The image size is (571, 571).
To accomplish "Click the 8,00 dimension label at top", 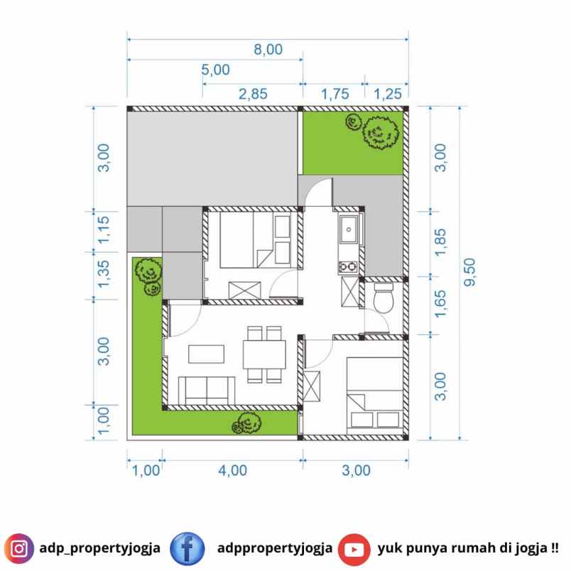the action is (268, 50).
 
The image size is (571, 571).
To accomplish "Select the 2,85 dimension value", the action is (253, 94).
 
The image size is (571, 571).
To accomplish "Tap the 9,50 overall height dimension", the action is (469, 272).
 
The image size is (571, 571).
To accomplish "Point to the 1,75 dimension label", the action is (335, 94).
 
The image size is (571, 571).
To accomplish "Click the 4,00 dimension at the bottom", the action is (233, 470).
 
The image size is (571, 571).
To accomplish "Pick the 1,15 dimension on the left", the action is (104, 230).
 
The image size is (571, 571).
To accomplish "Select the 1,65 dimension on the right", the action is (440, 304).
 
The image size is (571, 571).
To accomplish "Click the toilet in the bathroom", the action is (384, 298).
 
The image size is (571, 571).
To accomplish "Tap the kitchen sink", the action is (349, 229).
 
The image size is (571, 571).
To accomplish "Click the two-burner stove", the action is (348, 267).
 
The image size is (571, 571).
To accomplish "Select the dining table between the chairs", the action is (264, 354).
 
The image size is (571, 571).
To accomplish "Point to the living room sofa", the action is (207, 391).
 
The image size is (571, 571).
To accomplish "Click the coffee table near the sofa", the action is (206, 354).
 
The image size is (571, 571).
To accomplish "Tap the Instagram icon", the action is (19, 548).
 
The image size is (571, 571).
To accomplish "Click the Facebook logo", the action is (187, 549).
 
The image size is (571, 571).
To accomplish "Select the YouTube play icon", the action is (354, 550).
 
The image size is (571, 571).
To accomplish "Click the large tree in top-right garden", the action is (380, 133).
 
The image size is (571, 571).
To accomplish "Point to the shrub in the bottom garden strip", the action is (247, 423).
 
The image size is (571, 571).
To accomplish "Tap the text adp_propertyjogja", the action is (99, 548).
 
